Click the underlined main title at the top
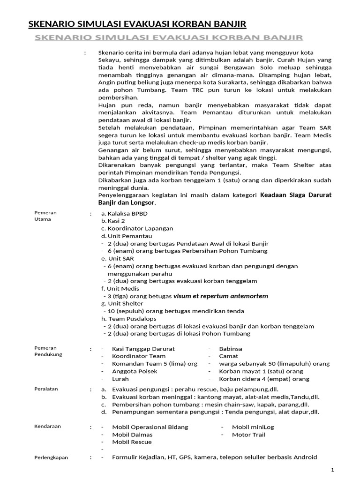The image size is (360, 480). click(137, 24)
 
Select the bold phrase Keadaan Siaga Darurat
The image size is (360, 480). click(296, 195)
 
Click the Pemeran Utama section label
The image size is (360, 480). click(45, 216)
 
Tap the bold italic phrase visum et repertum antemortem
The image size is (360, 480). click(220, 296)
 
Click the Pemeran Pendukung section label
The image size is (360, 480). click(48, 351)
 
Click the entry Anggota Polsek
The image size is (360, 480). click(135, 371)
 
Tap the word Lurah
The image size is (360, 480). click(120, 379)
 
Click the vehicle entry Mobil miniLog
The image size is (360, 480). click(253, 427)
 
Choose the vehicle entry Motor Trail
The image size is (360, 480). click(248, 435)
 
